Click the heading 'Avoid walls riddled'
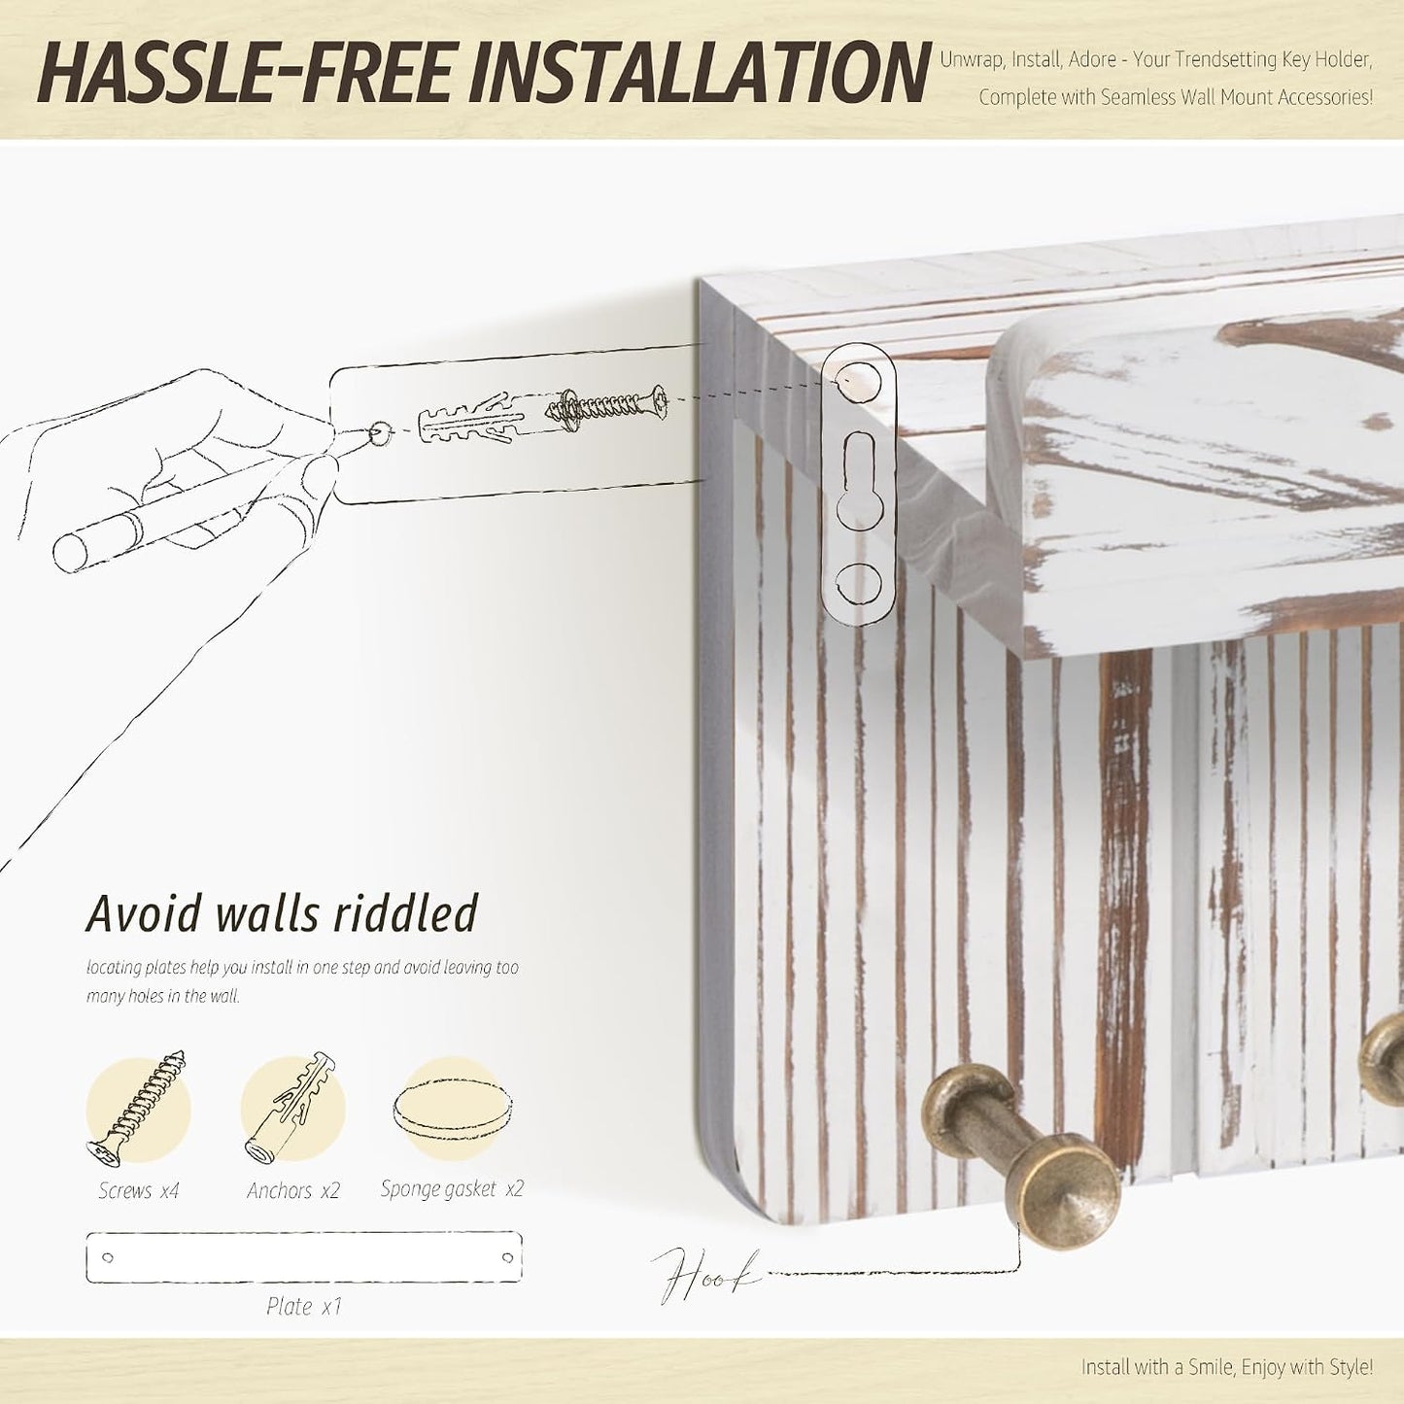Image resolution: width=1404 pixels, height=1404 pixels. coord(282,913)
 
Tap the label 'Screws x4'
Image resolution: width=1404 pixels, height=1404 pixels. coord(138,1190)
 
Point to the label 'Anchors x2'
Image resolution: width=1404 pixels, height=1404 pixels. coord(292,1190)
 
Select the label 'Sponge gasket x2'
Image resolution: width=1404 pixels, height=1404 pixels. coord(452,1189)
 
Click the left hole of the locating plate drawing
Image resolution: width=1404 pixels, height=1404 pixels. coord(108,1257)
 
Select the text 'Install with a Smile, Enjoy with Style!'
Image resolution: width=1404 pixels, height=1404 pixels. coord(1226,1366)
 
